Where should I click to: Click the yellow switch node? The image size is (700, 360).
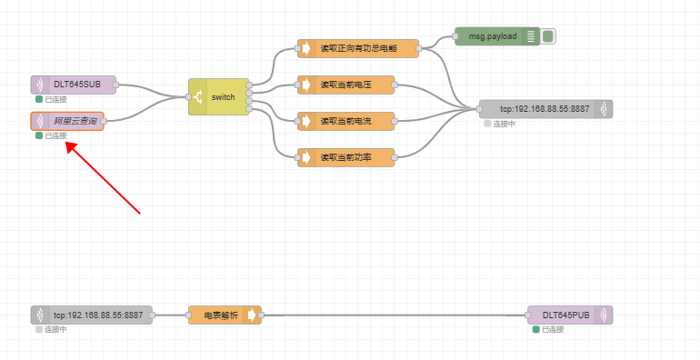219,96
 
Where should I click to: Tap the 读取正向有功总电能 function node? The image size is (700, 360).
358,48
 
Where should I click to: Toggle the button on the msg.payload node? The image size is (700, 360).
548,36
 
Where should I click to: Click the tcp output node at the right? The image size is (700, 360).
545,109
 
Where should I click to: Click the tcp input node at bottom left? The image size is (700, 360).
92,315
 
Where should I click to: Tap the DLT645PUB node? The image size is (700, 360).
570,315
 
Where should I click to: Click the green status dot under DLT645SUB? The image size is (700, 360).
39,99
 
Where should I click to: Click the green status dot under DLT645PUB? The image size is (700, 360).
536,329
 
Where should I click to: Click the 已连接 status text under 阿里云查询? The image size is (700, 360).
55,135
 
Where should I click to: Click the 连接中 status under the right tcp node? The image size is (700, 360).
504,124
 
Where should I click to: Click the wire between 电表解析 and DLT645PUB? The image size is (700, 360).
391,315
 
